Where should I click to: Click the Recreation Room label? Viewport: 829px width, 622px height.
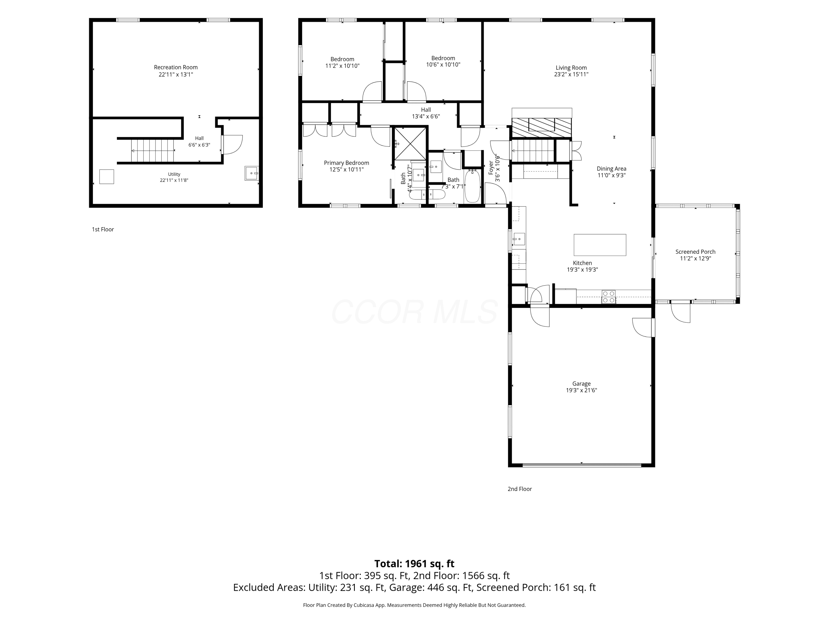pyautogui.click(x=176, y=67)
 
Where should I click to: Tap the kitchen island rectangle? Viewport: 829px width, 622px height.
pyautogui.click(x=600, y=245)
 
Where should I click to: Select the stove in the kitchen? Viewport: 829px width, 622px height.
pyautogui.click(x=609, y=297)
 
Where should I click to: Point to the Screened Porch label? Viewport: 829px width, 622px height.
pyautogui.click(x=695, y=252)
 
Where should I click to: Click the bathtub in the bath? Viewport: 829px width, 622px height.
pyautogui.click(x=473, y=186)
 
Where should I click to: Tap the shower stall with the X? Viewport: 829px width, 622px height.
pyautogui.click(x=410, y=143)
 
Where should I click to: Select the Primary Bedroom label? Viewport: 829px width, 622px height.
pyautogui.click(x=346, y=163)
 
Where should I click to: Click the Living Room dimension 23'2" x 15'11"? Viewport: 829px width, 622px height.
pyautogui.click(x=571, y=74)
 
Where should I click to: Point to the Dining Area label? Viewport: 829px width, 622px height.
pyautogui.click(x=611, y=169)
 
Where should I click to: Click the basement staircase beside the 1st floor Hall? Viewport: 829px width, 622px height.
pyautogui.click(x=153, y=151)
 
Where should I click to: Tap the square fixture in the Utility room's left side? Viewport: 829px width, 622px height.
pyautogui.click(x=106, y=177)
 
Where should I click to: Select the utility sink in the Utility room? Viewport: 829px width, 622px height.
pyautogui.click(x=251, y=173)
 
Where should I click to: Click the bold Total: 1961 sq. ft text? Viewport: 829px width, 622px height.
pyautogui.click(x=414, y=563)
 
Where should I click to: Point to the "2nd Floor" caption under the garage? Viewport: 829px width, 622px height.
pyautogui.click(x=520, y=489)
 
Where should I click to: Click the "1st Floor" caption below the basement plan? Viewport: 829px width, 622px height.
pyautogui.click(x=103, y=229)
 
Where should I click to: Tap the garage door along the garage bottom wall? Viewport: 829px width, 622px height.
pyautogui.click(x=582, y=465)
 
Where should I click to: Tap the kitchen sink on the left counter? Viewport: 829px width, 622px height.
pyautogui.click(x=519, y=239)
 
